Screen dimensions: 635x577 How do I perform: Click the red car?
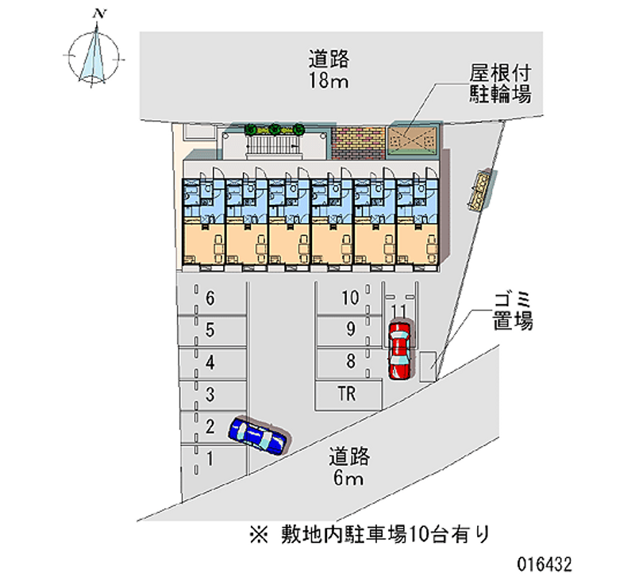pos(399,349)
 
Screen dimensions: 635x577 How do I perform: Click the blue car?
pos(258,436)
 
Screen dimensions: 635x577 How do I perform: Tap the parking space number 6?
pos(210,299)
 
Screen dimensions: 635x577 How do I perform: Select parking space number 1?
pos(210,458)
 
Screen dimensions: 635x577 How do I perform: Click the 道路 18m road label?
pos(329,69)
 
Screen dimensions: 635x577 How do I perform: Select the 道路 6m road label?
pos(348,467)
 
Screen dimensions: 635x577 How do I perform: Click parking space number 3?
pos(210,394)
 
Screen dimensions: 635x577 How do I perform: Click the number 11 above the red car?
pos(399,310)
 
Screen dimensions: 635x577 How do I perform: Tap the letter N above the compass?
pos(99,13)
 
